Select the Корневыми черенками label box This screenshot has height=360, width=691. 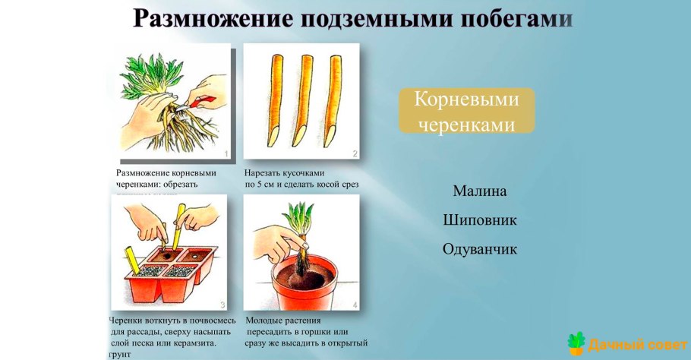pyautogui.click(x=467, y=111)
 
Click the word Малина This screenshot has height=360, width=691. pyautogui.click(x=479, y=191)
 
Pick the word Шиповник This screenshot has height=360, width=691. pyautogui.click(x=479, y=220)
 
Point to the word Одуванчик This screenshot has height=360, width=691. pyautogui.click(x=479, y=249)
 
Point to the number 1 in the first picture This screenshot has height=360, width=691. pyautogui.click(x=226, y=154)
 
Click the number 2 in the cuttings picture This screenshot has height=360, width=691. pyautogui.click(x=354, y=154)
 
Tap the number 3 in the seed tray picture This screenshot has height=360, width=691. pyautogui.click(x=222, y=305)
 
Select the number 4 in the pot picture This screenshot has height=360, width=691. pyautogui.click(x=355, y=305)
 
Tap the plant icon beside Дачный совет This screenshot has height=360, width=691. pyautogui.click(x=578, y=343)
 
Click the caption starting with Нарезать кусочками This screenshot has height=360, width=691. pyautogui.click(x=301, y=178)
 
